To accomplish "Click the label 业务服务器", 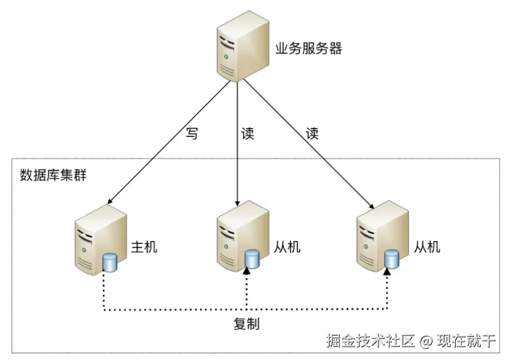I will (x=309, y=49).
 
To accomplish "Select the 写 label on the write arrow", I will (x=191, y=134).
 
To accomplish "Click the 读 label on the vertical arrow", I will (x=247, y=134).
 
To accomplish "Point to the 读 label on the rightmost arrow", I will (x=312, y=134).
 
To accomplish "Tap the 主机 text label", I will (x=144, y=246).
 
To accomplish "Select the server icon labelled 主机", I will (x=98, y=237).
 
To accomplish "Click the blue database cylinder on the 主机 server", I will (x=109, y=261).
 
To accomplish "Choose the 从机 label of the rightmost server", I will (x=427, y=246).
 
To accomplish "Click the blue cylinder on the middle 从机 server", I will (x=252, y=258).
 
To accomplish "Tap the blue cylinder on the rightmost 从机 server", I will (x=391, y=258).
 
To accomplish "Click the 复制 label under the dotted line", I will (x=246, y=325).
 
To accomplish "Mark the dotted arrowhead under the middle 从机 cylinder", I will (x=247, y=272).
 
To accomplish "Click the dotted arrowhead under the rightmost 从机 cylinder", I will (x=387, y=272).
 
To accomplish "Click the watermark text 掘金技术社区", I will (x=370, y=342).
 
